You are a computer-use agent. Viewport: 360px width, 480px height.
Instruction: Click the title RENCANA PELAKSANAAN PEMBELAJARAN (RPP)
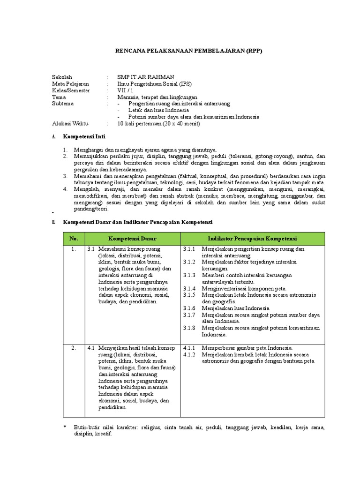coord(180,51)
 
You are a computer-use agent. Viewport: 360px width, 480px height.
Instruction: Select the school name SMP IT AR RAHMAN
coord(145,77)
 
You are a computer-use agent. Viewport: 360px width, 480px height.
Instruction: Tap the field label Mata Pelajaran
coord(70,84)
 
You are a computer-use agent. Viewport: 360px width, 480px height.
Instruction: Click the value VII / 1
coord(125,90)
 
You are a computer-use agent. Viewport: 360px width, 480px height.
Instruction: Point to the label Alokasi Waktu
coord(71,124)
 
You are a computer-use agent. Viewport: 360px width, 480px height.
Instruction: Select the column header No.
coord(74,239)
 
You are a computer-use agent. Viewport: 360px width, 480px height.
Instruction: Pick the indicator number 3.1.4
coord(189,289)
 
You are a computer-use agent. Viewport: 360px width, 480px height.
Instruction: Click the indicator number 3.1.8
coord(189,328)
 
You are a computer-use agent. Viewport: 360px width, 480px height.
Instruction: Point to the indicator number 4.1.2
coord(189,355)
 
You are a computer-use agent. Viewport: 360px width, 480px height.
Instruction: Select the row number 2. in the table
coord(74,348)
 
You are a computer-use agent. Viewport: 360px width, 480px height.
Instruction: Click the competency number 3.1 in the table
coord(91,249)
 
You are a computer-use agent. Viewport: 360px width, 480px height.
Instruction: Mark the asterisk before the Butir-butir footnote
coord(65,428)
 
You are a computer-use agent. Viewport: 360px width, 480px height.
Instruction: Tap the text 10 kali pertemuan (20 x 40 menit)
coord(158,124)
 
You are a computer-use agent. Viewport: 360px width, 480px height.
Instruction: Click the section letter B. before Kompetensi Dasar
coord(53,222)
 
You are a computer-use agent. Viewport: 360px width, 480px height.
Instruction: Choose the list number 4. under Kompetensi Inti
coord(66,189)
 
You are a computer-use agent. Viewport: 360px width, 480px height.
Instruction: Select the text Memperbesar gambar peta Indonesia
coord(247,348)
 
